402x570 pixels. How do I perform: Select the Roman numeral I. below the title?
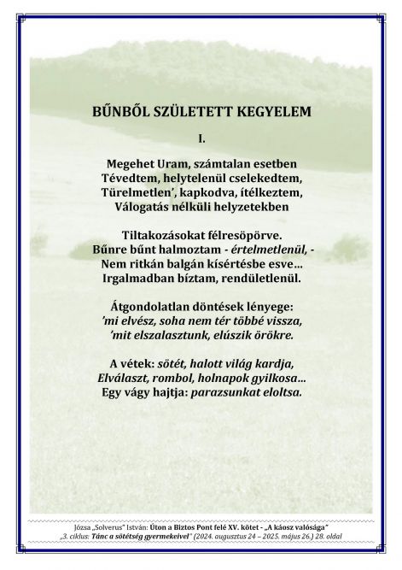[201, 137]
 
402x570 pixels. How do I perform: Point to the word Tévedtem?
[129, 178]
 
